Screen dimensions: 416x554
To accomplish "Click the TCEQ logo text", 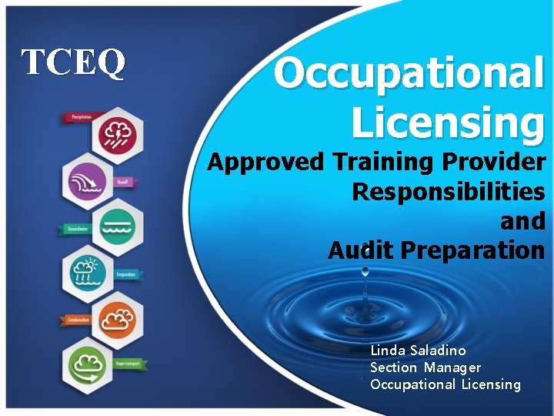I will coord(73,63).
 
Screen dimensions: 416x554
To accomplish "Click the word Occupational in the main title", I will coord(409,74).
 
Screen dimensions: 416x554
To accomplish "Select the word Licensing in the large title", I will coord(447,122).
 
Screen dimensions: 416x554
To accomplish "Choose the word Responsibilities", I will coord(448,192).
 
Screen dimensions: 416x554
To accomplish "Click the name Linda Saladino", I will coord(417,351).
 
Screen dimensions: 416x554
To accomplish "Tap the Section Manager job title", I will coord(425,367).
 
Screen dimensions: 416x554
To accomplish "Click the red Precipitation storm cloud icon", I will coord(117,133).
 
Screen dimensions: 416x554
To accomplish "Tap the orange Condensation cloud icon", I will coord(118,317).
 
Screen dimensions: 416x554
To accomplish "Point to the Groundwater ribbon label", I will coord(75,229).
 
